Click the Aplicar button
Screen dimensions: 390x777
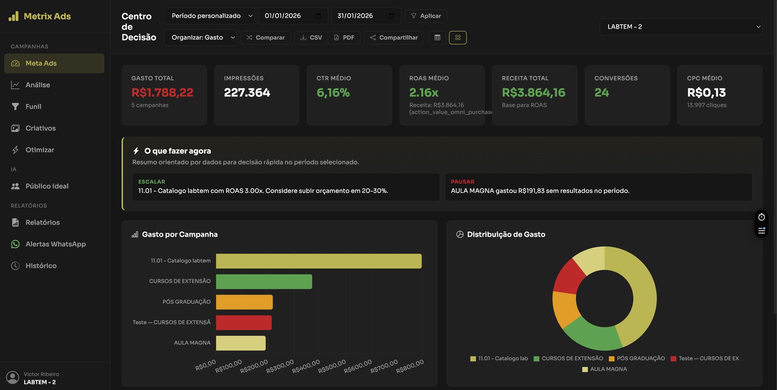click(x=426, y=16)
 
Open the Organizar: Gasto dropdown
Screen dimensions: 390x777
click(x=201, y=37)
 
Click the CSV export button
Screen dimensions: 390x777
click(x=311, y=37)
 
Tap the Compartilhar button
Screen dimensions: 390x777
click(x=394, y=37)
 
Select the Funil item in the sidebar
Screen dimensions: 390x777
click(x=33, y=106)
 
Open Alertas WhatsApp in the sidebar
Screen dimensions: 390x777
click(x=55, y=244)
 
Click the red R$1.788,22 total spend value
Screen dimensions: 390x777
click(x=162, y=92)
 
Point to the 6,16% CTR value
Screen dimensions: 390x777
click(x=333, y=92)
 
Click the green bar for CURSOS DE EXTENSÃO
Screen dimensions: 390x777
click(x=264, y=281)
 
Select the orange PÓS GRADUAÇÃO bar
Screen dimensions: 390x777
click(x=244, y=302)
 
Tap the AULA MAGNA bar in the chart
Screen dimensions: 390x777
click(x=241, y=343)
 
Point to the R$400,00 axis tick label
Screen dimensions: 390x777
click(x=306, y=367)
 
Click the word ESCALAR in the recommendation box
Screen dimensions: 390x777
click(x=152, y=182)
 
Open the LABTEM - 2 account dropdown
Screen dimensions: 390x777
click(x=681, y=27)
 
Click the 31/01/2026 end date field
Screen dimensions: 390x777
click(x=365, y=16)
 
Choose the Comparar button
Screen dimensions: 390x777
click(x=266, y=37)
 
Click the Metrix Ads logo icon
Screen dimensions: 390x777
click(x=14, y=16)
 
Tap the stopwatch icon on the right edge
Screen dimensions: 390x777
click(x=761, y=217)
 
